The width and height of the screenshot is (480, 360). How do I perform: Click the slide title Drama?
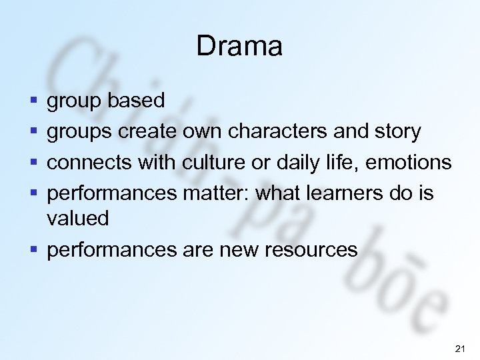pyautogui.click(x=239, y=47)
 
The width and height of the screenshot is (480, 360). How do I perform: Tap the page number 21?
pyautogui.click(x=459, y=348)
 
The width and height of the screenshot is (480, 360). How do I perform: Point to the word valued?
pyautogui.click(x=77, y=218)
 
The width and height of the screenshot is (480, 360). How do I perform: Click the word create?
pyautogui.click(x=150, y=131)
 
